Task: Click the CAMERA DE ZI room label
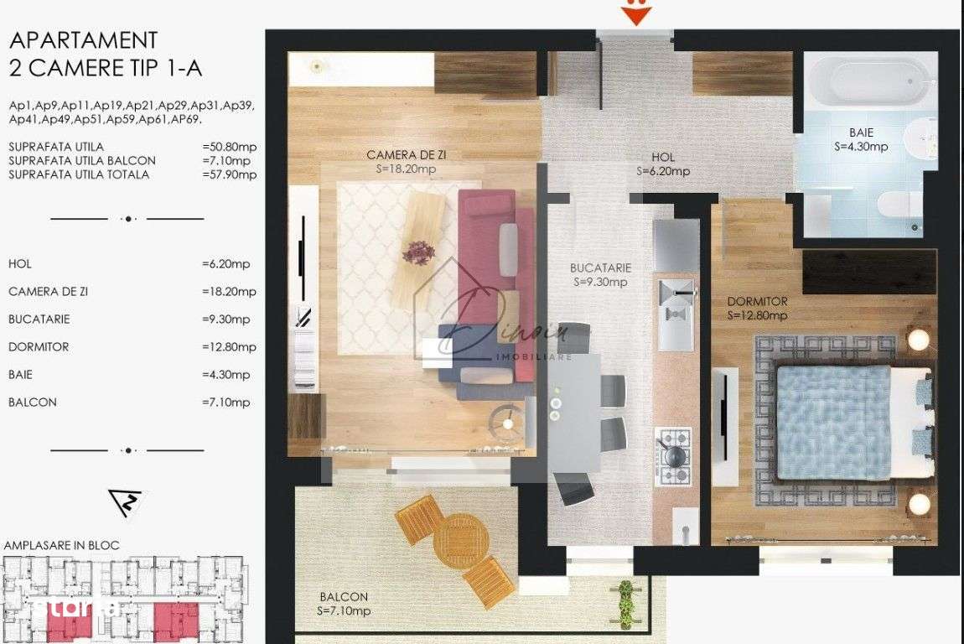tap(401, 155)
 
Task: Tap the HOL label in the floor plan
tap(662, 157)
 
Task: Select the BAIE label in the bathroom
tap(860, 132)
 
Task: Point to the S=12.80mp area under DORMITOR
tap(757, 316)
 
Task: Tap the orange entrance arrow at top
tap(637, 14)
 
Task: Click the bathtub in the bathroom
tap(870, 82)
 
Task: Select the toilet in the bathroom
tap(898, 202)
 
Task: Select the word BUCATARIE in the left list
tap(39, 319)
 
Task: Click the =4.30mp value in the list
tap(225, 374)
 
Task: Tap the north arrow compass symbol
tap(127, 502)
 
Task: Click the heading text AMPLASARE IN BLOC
tap(61, 545)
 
